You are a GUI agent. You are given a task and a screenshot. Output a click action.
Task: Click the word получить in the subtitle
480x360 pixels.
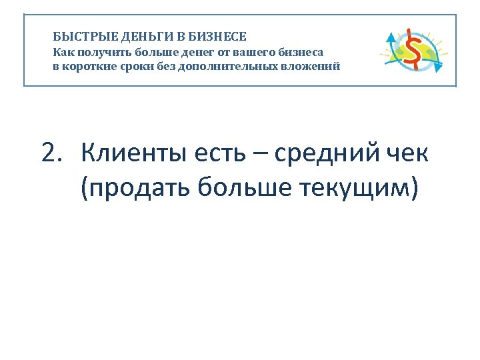pos(101,52)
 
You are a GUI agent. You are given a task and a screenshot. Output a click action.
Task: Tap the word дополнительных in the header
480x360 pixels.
pos(227,67)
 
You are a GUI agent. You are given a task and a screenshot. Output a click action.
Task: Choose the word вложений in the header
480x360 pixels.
pos(309,67)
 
